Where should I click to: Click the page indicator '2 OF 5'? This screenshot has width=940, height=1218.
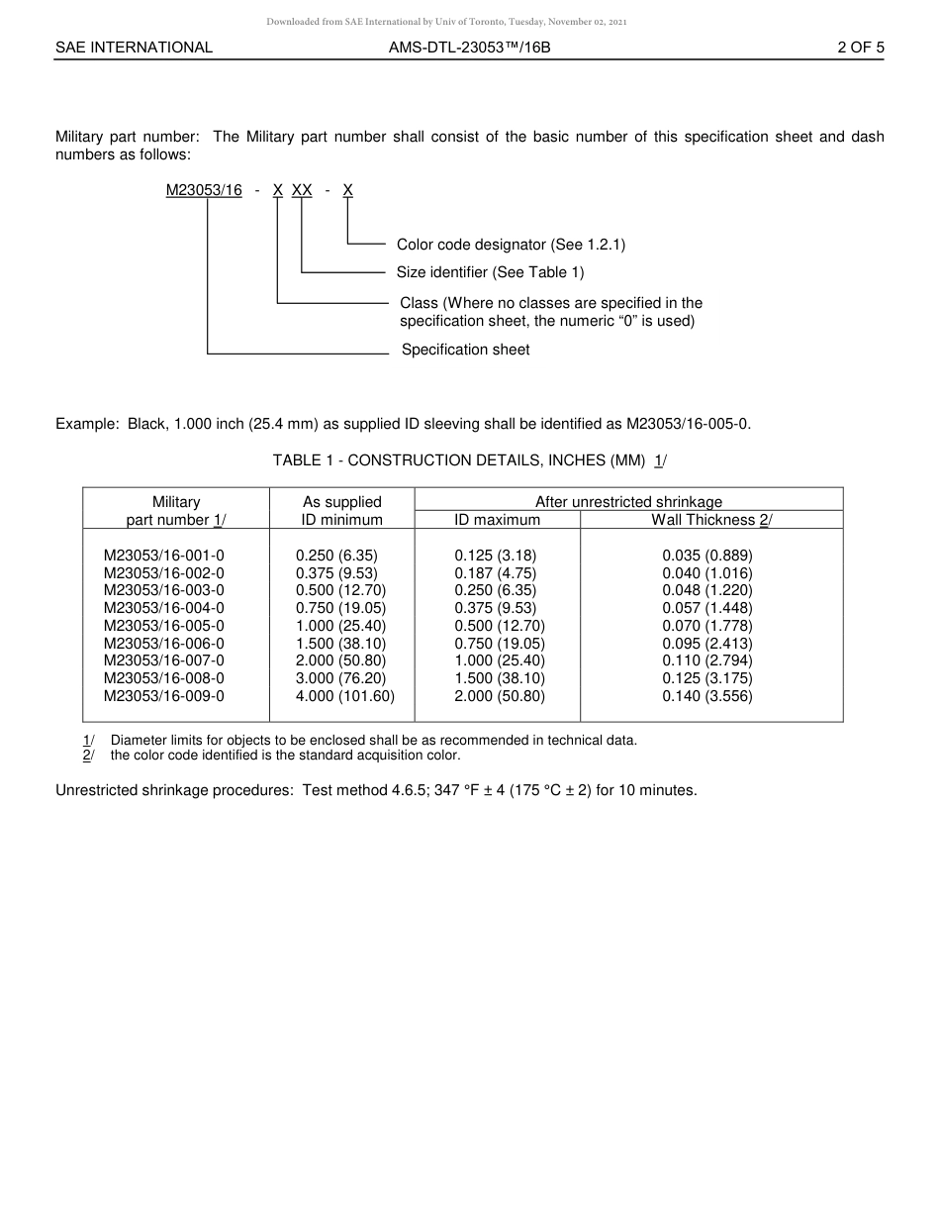click(x=860, y=47)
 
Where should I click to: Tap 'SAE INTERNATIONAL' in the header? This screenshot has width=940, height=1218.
click(x=134, y=47)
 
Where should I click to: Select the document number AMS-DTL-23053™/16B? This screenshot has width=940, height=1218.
click(x=469, y=47)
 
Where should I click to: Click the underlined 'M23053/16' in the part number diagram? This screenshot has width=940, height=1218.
click(x=204, y=190)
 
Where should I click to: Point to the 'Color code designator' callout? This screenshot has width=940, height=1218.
click(x=511, y=245)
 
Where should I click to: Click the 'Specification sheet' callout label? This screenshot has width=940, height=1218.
click(x=465, y=350)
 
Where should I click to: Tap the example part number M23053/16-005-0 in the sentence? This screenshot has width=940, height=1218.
click(x=688, y=424)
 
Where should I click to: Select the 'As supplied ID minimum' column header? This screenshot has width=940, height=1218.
click(x=341, y=510)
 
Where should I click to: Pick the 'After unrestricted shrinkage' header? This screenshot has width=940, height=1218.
click(x=628, y=502)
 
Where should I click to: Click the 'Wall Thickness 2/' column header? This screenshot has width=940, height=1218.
click(x=711, y=520)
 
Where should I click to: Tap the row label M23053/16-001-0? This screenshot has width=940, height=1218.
click(x=164, y=557)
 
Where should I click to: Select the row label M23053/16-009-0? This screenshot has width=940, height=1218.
click(x=164, y=696)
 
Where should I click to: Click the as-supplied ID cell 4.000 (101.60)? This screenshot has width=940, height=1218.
click(x=344, y=696)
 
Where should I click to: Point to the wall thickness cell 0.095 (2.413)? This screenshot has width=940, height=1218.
click(x=707, y=644)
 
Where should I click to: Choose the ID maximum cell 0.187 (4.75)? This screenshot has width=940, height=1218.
click(x=496, y=573)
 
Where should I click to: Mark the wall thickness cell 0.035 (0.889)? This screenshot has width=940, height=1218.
click(x=707, y=557)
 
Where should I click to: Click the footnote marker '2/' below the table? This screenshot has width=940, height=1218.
click(x=88, y=756)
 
